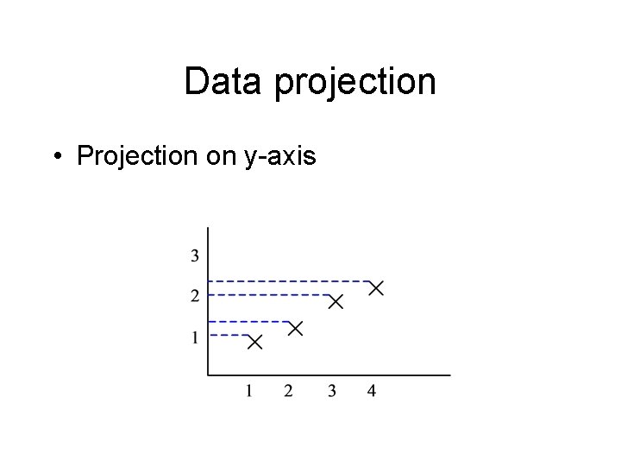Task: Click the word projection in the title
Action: point(355,85)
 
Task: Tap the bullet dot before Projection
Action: point(56,156)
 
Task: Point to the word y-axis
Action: point(280,158)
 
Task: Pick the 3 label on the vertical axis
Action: point(195,255)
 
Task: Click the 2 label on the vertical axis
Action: point(195,296)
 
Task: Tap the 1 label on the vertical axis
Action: point(195,337)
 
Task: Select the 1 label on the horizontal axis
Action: point(248,392)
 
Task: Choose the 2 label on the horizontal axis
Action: point(288,392)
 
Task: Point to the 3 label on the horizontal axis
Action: point(332,392)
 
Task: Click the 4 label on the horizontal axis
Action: point(372,392)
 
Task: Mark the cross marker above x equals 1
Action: point(254,343)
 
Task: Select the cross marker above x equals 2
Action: point(295,328)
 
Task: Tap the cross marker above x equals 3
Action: point(336,301)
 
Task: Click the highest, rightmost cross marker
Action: point(376,288)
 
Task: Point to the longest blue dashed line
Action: point(289,281)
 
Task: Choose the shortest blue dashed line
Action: point(229,335)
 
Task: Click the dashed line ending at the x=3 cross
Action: point(267,295)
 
